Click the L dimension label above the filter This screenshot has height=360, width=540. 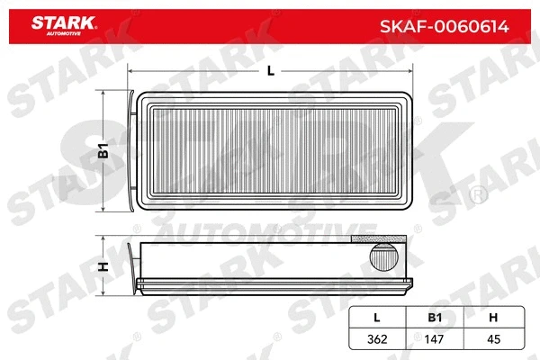click(x=271, y=73)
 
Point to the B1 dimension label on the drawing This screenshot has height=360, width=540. click(x=103, y=153)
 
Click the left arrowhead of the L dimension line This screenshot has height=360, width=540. click(x=132, y=73)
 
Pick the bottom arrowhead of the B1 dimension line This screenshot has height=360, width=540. click(x=109, y=211)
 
